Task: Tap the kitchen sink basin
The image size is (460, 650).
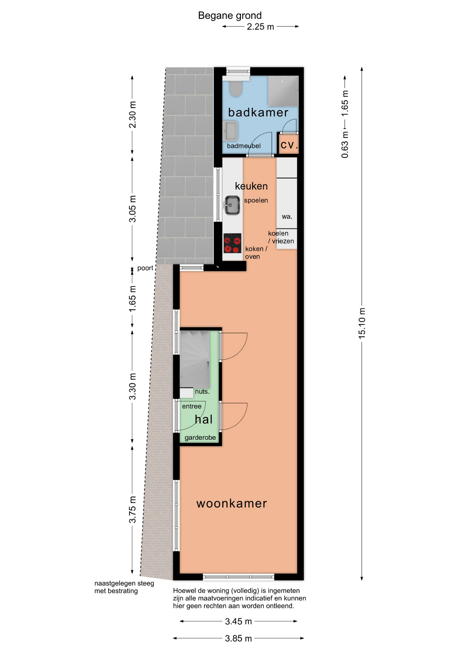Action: click(232, 205)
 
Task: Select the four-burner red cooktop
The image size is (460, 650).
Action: click(232, 243)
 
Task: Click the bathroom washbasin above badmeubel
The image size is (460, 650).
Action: click(231, 131)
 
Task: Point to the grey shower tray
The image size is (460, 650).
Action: click(283, 91)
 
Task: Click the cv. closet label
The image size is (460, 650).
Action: click(289, 145)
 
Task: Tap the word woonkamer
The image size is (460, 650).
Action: click(232, 503)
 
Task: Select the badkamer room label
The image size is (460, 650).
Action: click(258, 112)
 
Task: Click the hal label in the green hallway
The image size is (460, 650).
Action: click(204, 419)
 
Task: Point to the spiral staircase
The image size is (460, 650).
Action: click(195, 359)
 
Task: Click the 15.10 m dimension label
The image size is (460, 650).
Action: click(362, 323)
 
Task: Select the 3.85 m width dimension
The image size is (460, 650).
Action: click(238, 638)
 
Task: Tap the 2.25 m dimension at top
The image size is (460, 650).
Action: click(260, 27)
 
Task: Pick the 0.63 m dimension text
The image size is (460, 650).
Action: click(345, 145)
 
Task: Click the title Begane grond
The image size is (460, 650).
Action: click(230, 16)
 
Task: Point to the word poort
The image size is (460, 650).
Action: click(145, 268)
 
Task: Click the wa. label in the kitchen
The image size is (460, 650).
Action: click(287, 217)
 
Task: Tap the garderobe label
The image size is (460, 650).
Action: click(200, 438)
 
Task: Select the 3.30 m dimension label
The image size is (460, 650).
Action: click(132, 386)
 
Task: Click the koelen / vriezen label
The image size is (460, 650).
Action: click(281, 237)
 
